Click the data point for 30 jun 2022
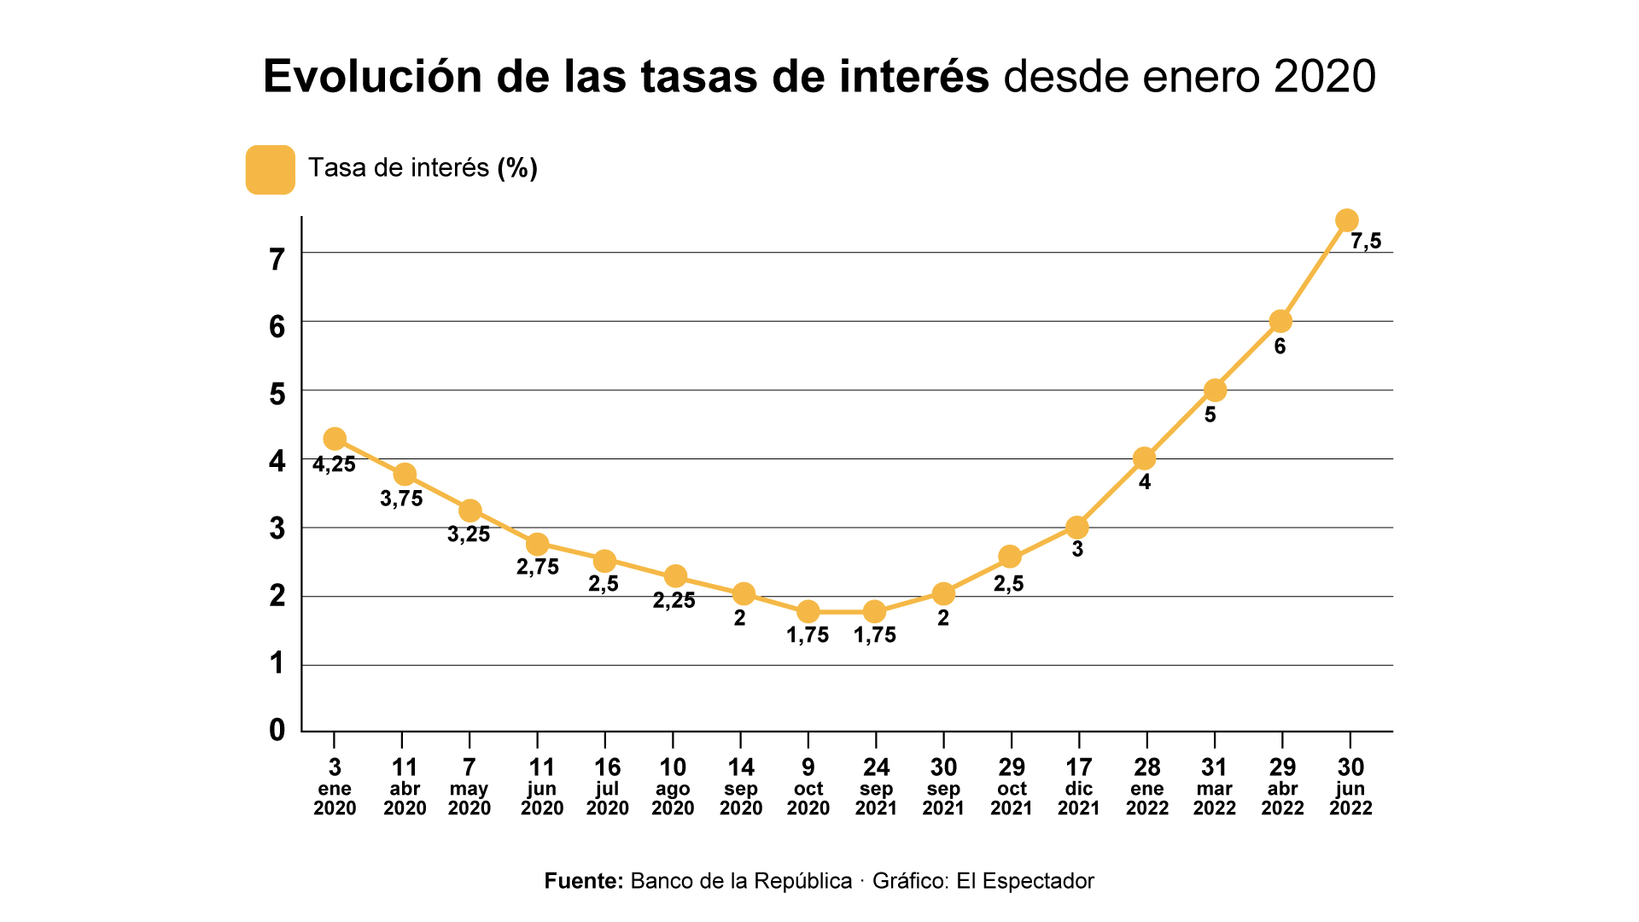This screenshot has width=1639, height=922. click(1346, 220)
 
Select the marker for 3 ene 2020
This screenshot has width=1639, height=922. click(335, 439)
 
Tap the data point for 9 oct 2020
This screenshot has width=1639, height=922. click(808, 611)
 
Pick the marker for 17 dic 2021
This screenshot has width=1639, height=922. click(1077, 527)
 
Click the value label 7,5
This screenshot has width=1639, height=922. click(1365, 242)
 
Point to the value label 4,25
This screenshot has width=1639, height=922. click(334, 465)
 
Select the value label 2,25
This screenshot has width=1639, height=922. click(674, 601)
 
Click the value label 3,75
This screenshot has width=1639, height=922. click(401, 499)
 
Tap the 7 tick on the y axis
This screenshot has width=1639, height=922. click(277, 260)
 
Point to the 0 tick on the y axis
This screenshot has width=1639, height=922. click(277, 730)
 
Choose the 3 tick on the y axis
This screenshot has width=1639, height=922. click(277, 528)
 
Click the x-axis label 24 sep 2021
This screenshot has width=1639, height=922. click(876, 787)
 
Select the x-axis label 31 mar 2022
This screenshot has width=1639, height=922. click(1214, 787)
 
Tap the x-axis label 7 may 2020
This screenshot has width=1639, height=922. click(469, 787)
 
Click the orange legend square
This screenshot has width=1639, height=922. click(271, 170)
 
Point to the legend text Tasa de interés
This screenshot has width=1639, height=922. click(398, 168)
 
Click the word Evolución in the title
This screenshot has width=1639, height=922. click(372, 77)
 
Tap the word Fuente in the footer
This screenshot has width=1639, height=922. click(584, 881)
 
